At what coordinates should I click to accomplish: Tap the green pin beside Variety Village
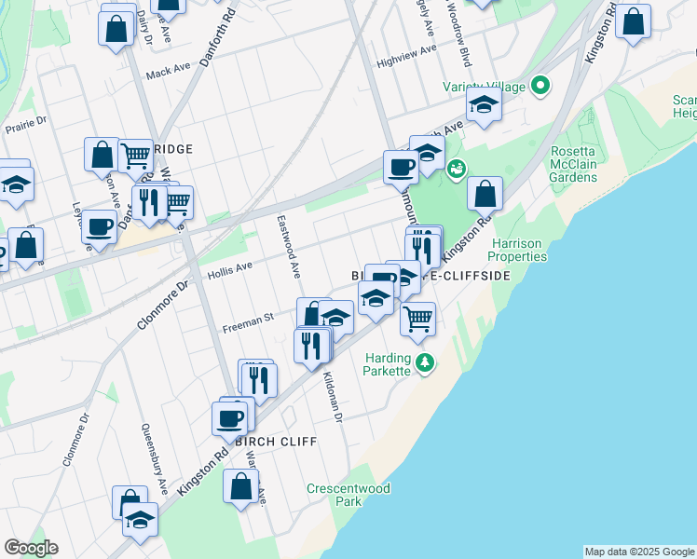pos(540,88)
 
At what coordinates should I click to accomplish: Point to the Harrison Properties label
pos(519,250)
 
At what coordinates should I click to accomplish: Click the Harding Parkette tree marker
pos(425,361)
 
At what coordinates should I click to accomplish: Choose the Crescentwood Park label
pos(348,495)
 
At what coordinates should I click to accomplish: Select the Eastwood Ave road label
pos(288,247)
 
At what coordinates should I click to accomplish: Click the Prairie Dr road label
pos(26,125)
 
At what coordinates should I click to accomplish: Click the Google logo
pos(31,548)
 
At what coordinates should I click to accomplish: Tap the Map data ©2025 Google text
pos(639,552)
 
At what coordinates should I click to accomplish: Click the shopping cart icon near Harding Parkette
pos(418,319)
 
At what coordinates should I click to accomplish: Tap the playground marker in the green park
pos(456,169)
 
